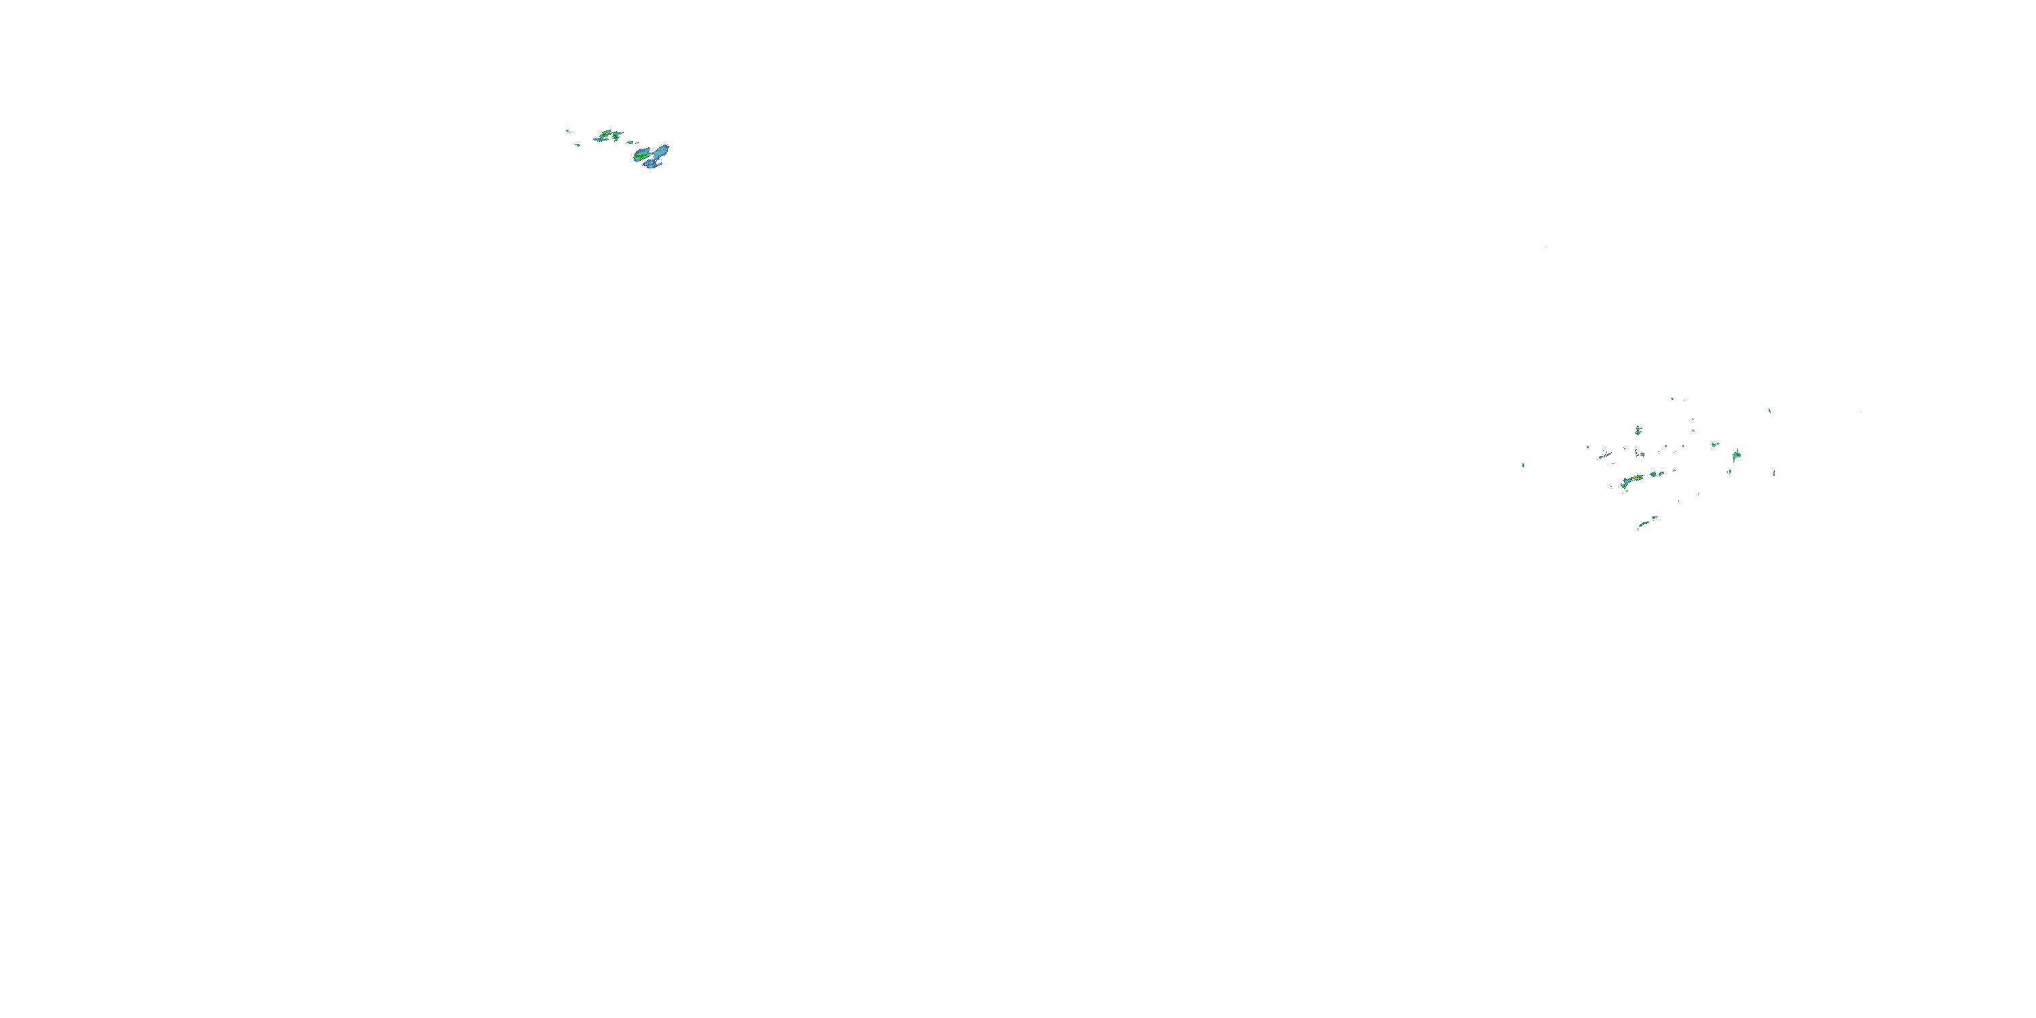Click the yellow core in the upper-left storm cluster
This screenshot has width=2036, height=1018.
pyautogui.click(x=606, y=134)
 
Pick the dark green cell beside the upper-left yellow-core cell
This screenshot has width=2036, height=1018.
pyautogui.click(x=616, y=136)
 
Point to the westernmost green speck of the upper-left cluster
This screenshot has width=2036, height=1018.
pyautogui.click(x=567, y=130)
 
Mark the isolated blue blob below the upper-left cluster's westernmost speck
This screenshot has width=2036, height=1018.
pyautogui.click(x=577, y=145)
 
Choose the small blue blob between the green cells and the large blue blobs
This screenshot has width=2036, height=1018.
pyautogui.click(x=630, y=143)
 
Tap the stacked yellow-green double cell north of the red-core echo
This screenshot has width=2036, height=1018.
pyautogui.click(x=1638, y=431)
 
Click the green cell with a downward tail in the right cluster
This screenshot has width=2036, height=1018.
pyautogui.click(x=1737, y=455)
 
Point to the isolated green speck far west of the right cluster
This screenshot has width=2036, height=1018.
pyautogui.click(x=1523, y=465)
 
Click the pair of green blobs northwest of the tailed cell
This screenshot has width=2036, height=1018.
pyautogui.click(x=1714, y=445)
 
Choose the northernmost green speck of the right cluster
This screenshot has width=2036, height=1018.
pyautogui.click(x=1672, y=398)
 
